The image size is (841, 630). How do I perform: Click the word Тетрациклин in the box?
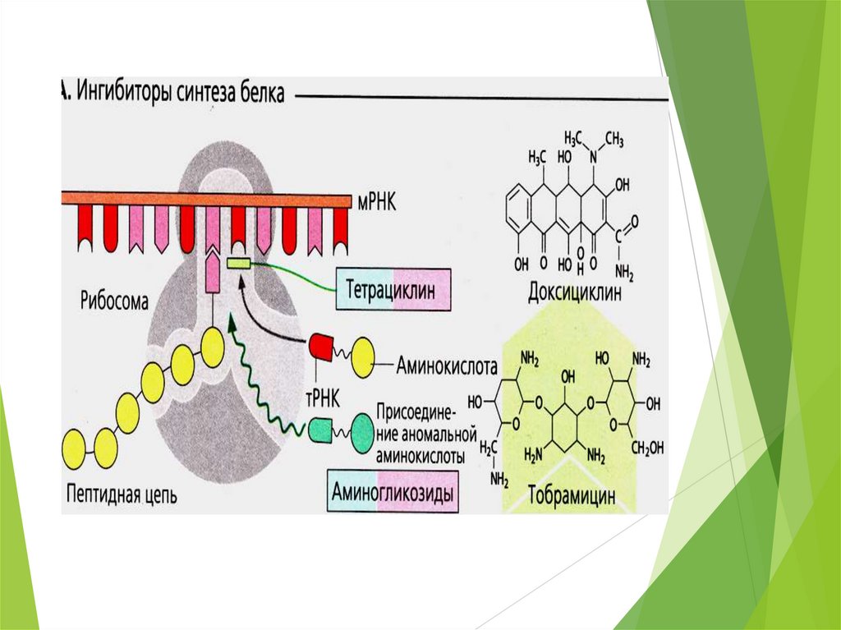tap(394, 290)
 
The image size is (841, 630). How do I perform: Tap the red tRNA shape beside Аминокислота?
tap(321, 348)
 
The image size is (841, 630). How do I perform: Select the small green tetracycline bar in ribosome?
tap(239, 264)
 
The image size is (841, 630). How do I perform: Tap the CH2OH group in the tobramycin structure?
tap(647, 447)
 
